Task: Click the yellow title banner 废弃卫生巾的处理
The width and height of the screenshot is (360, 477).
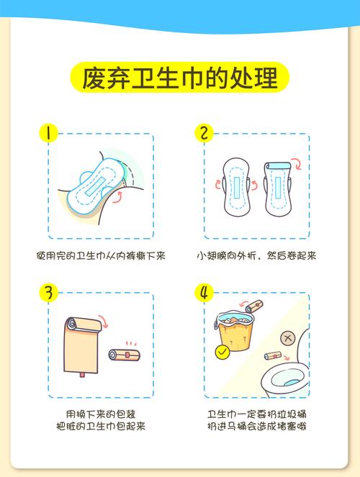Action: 180,76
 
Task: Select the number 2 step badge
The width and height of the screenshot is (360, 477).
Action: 204,134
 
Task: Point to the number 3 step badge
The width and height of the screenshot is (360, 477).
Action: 48,293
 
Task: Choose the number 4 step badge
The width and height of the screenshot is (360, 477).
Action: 204,293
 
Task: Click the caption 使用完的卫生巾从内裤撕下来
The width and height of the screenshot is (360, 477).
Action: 101,255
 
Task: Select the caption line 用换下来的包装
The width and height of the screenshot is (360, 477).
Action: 101,414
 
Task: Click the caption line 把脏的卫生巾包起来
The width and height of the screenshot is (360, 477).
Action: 101,427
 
